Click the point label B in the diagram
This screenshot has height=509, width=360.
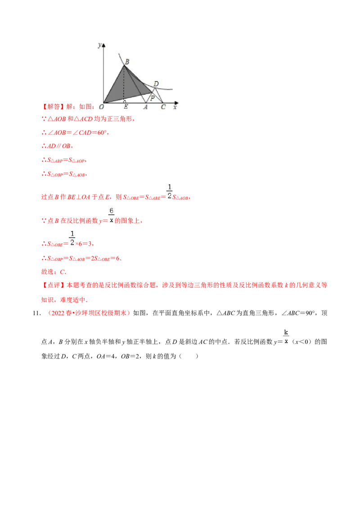[x=127, y=62]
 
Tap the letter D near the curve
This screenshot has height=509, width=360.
[x=156, y=84]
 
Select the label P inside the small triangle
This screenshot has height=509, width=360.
[x=152, y=98]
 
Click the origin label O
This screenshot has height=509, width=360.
[x=102, y=107]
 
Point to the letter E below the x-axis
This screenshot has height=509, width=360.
[x=126, y=107]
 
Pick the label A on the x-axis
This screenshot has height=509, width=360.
[x=145, y=107]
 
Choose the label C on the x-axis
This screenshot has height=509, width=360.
[x=163, y=107]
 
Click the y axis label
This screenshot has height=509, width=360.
[x=99, y=44]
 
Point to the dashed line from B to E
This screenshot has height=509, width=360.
[x=124, y=85]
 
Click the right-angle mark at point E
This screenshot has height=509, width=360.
[x=125, y=102]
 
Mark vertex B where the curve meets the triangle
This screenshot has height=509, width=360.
[x=124, y=66]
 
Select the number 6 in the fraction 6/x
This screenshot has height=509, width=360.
[x=112, y=210]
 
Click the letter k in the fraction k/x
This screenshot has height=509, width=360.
[x=286, y=332]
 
